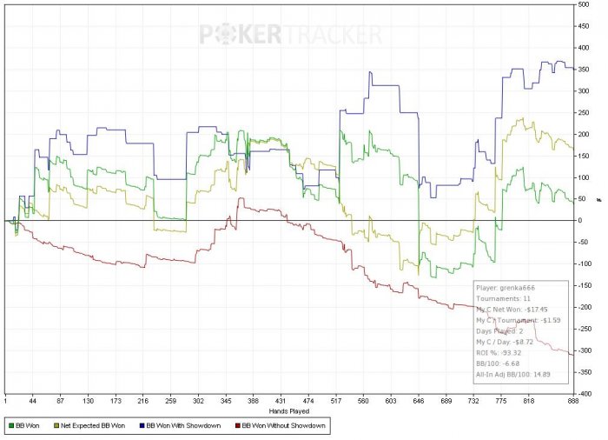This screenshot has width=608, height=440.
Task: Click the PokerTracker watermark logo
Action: coord(291,35)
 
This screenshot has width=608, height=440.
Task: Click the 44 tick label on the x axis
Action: coord(33,402)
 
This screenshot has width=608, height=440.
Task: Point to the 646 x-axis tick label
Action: coord(419,402)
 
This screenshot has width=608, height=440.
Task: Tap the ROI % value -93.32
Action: coord(521,354)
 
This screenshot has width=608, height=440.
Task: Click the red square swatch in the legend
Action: coord(237,426)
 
